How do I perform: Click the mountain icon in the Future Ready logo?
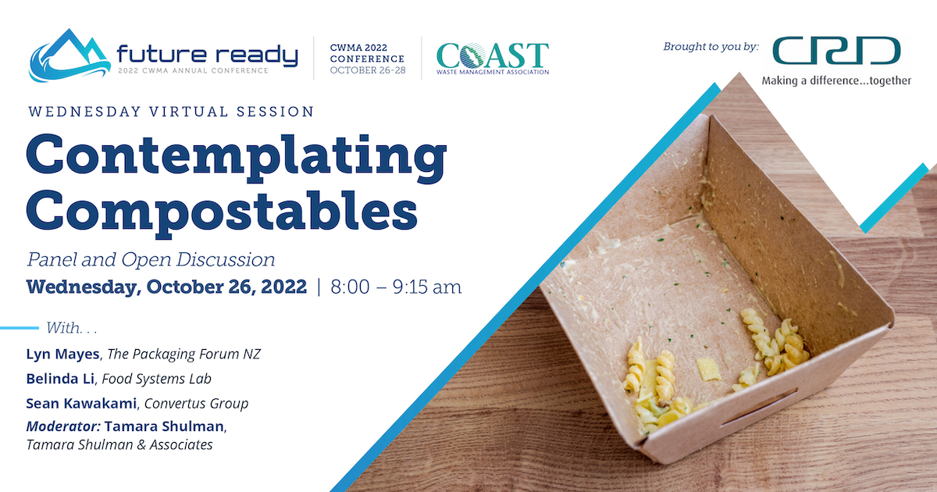click(x=69, y=55)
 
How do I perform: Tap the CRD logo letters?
click(x=836, y=51)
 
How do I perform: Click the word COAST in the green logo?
click(x=493, y=55)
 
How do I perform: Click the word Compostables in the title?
click(x=222, y=213)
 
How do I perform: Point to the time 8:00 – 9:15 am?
click(x=396, y=287)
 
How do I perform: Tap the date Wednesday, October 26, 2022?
click(x=166, y=287)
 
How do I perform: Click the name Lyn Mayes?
click(x=62, y=355)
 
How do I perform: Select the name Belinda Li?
click(x=60, y=379)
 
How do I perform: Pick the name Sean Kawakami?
click(x=81, y=403)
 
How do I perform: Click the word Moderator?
click(x=63, y=426)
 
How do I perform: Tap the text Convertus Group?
click(x=196, y=404)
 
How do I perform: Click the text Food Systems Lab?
click(x=156, y=379)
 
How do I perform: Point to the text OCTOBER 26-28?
click(x=368, y=70)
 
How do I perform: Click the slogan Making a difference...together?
click(x=836, y=80)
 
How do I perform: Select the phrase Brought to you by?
click(x=711, y=46)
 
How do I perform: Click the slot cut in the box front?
click(x=758, y=408)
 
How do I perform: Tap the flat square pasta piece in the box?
click(x=708, y=369)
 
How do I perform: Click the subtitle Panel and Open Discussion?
click(x=151, y=260)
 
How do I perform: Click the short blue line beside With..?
click(x=20, y=328)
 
